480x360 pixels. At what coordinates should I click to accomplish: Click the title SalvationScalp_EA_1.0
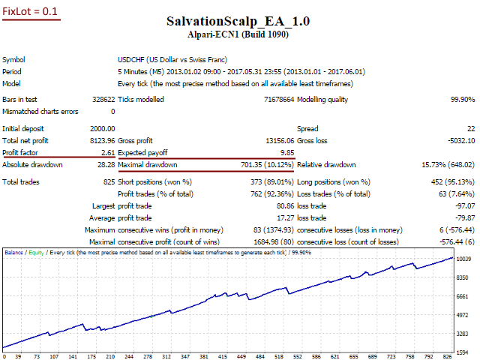[239, 22]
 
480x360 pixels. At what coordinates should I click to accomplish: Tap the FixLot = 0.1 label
[31, 12]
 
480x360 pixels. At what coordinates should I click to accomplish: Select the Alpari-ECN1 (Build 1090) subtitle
[239, 34]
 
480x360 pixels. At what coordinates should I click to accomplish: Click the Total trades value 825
[109, 181]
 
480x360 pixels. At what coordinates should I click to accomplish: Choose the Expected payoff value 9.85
[286, 152]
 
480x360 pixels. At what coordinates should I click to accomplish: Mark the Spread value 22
[470, 129]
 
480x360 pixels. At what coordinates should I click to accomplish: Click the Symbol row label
[13, 60]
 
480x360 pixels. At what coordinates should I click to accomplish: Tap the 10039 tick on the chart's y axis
[465, 280]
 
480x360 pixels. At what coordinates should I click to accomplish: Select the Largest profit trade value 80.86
[282, 205]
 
